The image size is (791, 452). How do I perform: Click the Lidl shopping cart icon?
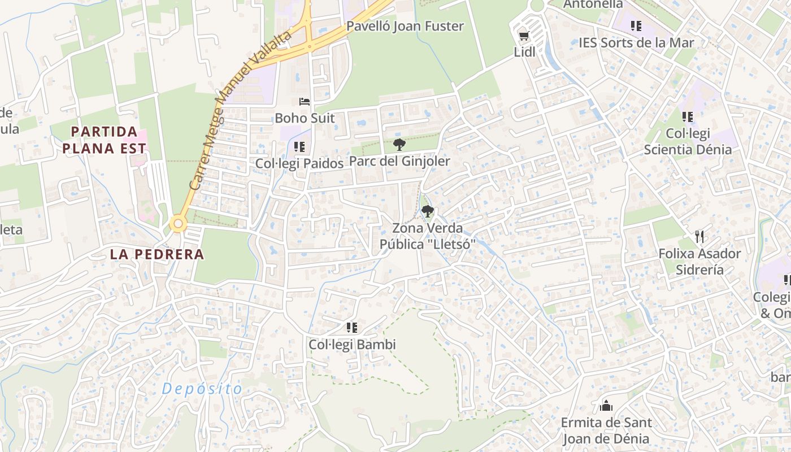coord(523,36)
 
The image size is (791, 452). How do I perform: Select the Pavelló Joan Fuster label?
coord(405,26)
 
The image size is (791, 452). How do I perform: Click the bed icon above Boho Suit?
coord(305,102)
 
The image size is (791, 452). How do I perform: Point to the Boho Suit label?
coord(305,118)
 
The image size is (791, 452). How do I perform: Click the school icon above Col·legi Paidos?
coord(299,147)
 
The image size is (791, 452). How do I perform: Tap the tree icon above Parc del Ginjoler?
coord(399,145)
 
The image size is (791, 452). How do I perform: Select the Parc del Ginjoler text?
coord(399,161)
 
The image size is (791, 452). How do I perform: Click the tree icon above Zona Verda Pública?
coord(428,212)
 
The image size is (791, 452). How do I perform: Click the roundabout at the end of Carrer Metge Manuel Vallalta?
coord(179,224)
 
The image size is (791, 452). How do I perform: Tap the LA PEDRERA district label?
coord(157,254)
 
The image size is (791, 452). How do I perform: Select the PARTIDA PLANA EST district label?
coord(104,140)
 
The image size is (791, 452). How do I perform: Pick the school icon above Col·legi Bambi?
coord(352,328)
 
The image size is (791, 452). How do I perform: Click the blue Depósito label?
coord(202,389)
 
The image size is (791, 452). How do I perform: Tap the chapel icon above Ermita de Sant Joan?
coord(606,406)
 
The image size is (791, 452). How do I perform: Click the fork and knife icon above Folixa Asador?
coord(699,236)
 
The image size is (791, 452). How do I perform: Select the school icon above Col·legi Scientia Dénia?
coord(688,117)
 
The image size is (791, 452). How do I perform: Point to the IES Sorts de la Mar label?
coord(636,42)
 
